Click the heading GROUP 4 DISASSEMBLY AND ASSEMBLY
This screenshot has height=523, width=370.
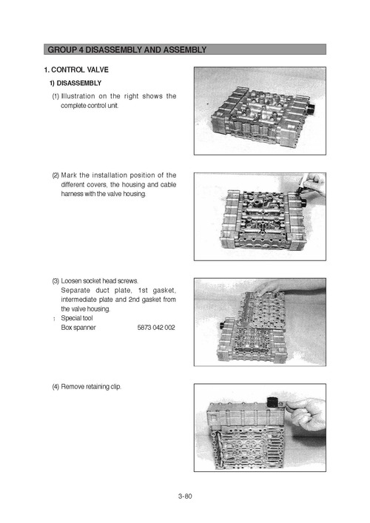pyautogui.click(x=127, y=50)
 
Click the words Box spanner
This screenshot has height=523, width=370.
pyautogui.click(x=78, y=327)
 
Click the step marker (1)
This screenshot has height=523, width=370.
pyautogui.click(x=55, y=96)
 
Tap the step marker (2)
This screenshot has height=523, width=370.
pyautogui.click(x=55, y=175)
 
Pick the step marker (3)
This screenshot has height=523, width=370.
pyautogui.click(x=55, y=281)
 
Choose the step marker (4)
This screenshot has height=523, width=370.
pyautogui.click(x=55, y=387)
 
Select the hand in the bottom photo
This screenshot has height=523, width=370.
pyautogui.click(x=307, y=414)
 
